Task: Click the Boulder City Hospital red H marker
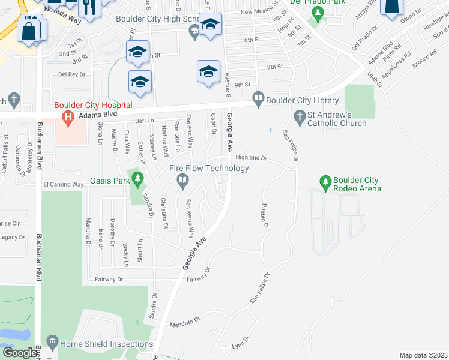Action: tap(68, 118)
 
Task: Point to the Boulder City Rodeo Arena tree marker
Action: tap(325, 181)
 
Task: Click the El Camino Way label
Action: tap(62, 185)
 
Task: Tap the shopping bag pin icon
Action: tap(29, 31)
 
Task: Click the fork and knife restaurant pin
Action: tap(91, 7)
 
